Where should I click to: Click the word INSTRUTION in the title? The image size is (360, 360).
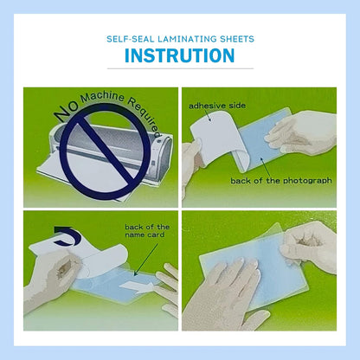pos(180,56)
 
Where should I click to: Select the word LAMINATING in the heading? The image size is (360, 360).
pos(185,39)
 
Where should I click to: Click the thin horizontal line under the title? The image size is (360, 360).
pos(180,68)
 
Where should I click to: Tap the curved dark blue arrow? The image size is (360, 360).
pos(63,233)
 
